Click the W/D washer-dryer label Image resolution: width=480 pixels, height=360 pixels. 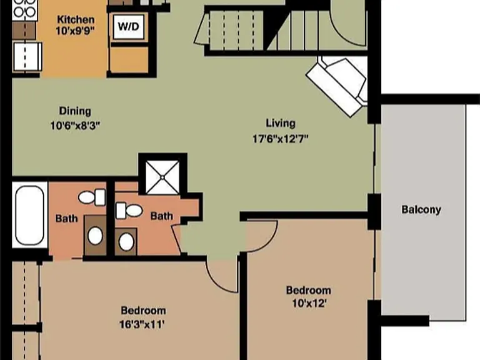129,26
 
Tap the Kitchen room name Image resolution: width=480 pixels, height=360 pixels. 76,19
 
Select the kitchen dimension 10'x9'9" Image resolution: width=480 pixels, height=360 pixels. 74,31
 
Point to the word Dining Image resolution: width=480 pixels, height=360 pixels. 75,111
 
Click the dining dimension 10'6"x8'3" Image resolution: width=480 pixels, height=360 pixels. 75,126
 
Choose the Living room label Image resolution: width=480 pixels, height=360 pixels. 281,123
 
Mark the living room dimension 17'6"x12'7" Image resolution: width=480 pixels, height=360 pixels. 281,139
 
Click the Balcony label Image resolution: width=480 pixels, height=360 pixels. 421,210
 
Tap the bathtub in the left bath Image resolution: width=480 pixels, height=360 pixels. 30,215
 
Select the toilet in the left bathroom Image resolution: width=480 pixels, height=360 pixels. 92,197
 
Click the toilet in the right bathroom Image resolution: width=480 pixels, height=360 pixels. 129,211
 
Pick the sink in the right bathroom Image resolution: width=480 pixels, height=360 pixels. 126,242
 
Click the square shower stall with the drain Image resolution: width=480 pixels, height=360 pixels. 162,177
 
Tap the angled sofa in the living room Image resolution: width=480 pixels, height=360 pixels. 337,86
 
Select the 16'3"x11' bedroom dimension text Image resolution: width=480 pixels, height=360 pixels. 142,324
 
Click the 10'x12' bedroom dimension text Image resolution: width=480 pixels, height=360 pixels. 309,303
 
